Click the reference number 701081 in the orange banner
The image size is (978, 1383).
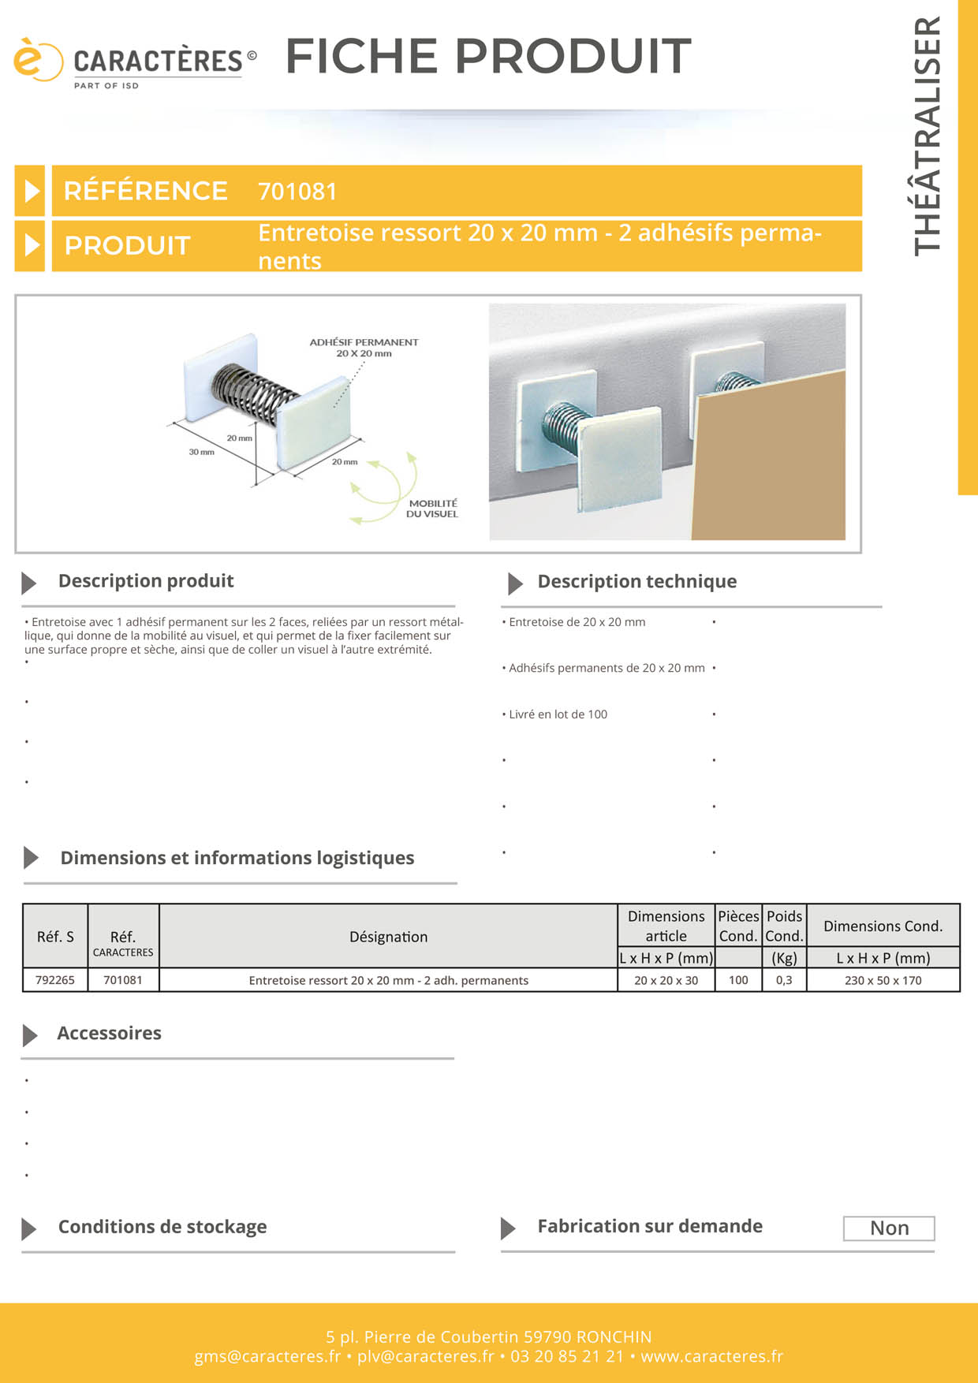point(297,192)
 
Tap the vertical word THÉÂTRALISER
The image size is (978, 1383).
point(928,136)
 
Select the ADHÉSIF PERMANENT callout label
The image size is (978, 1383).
point(364,348)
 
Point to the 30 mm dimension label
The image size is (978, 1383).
point(201,452)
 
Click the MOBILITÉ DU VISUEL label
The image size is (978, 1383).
point(432,509)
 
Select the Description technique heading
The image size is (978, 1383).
point(636,582)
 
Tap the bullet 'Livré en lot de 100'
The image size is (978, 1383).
point(558,714)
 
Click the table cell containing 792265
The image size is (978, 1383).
point(55,980)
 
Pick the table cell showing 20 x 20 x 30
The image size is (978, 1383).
point(666,980)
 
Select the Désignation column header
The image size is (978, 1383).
point(389,937)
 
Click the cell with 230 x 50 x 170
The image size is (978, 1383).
point(883,980)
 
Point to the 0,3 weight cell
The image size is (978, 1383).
point(784,980)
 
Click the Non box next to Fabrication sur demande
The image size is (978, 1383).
point(889,1228)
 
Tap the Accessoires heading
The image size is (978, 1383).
point(109,1034)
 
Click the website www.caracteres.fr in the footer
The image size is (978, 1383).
point(711,1356)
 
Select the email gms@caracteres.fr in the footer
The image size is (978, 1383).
point(267,1356)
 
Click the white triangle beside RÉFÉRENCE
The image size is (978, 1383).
point(32,191)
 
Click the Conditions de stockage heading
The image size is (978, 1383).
point(162,1227)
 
